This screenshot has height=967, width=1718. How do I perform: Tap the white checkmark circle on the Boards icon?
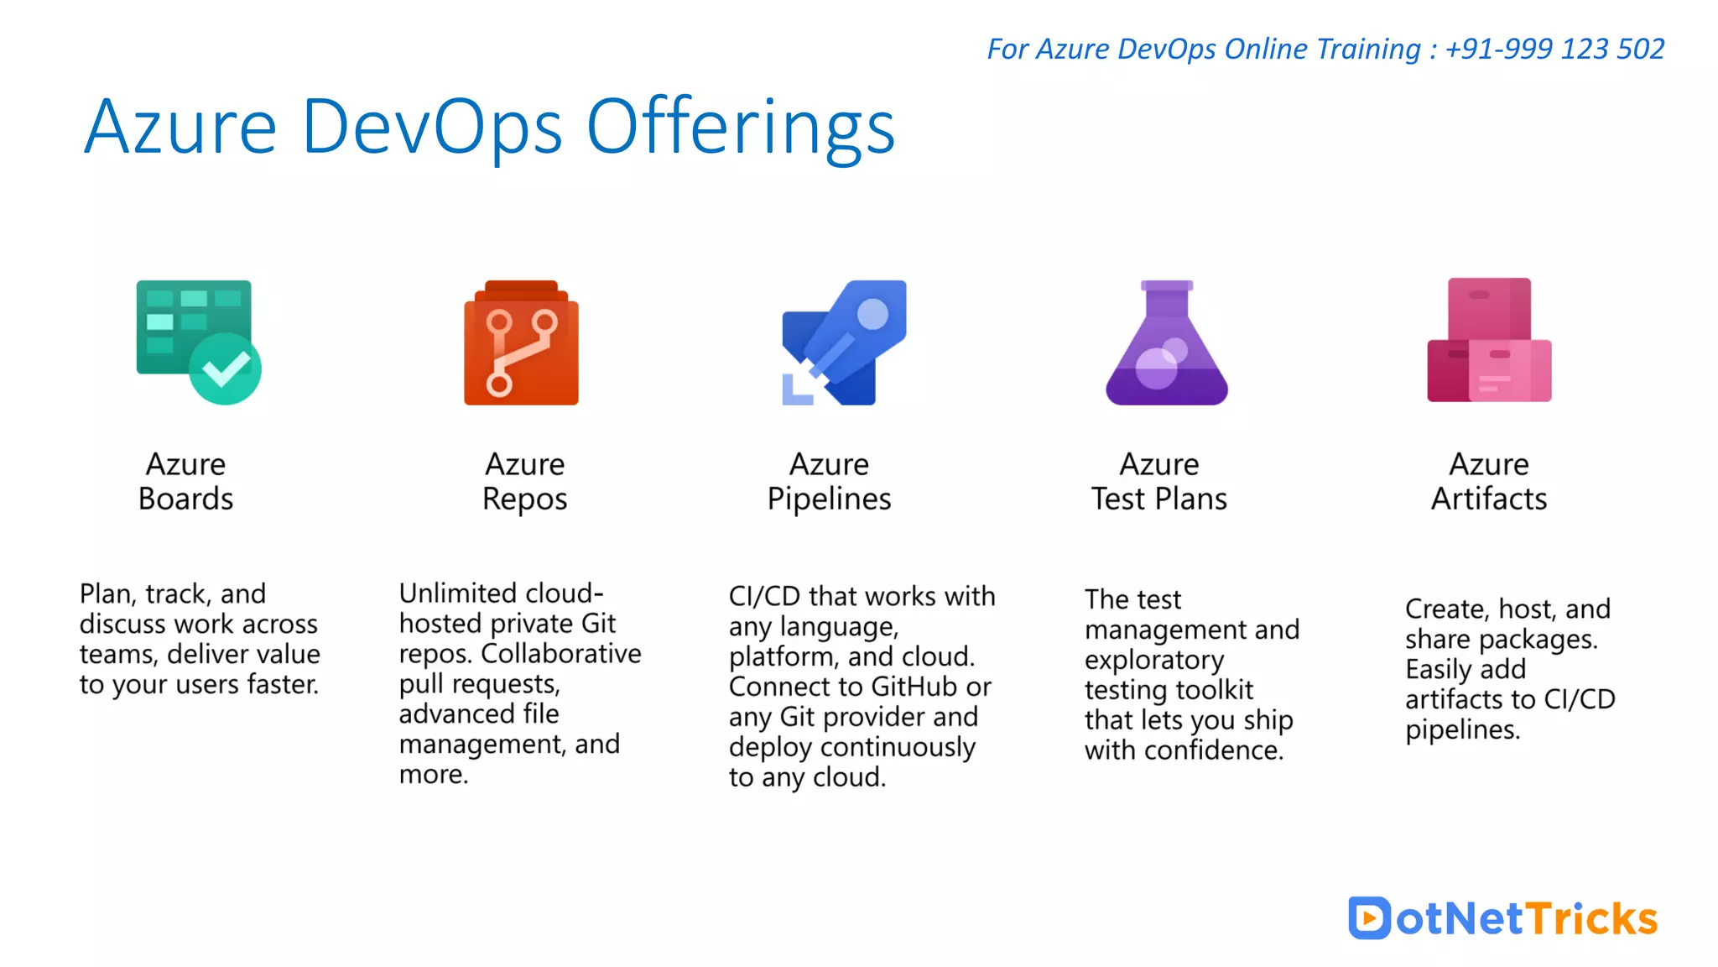[225, 369]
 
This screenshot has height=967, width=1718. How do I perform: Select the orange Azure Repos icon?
[521, 343]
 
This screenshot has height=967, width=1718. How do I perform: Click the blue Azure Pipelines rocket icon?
[843, 342]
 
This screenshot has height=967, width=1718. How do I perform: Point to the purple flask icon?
[1166, 344]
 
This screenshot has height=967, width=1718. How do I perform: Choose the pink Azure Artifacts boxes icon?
[1489, 341]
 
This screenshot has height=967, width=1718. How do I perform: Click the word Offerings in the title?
[740, 128]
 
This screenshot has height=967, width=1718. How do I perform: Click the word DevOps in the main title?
[431, 128]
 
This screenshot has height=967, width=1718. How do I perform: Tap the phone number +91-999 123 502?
[1554, 49]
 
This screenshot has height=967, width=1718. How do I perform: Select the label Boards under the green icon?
[185, 499]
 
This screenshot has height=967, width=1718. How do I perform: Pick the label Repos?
[524, 499]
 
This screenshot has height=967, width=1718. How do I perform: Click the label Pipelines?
[829, 499]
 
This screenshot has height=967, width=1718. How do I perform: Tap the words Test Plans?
[1158, 499]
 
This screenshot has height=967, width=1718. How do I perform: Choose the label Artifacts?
[1488, 499]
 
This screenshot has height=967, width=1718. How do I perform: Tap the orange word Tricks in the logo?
[1590, 918]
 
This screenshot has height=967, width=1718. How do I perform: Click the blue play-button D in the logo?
[1369, 917]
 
